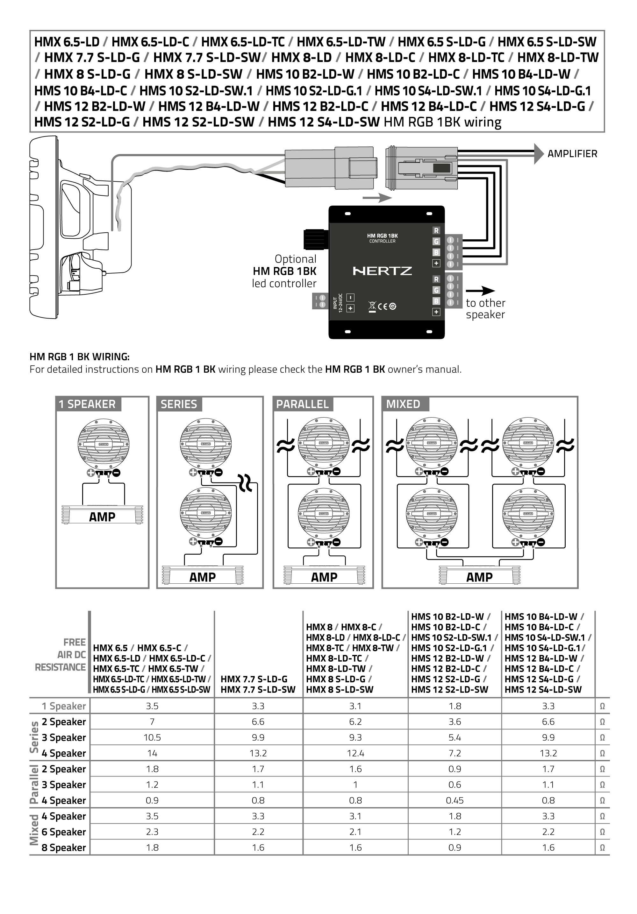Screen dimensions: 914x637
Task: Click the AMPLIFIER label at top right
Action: [572, 154]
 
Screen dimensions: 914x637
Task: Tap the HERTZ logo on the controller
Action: [382, 271]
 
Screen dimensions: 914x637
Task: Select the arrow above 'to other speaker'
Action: [480, 291]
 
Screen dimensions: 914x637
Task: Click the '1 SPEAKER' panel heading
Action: [87, 404]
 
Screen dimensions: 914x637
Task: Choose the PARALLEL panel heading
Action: [302, 404]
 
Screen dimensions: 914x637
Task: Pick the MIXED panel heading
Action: [403, 404]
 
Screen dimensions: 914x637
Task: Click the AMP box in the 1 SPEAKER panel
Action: [102, 517]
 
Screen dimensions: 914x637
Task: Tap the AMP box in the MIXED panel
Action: [479, 577]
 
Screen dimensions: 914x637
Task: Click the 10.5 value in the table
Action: [152, 737]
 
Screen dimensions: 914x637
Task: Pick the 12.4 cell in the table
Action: [355, 753]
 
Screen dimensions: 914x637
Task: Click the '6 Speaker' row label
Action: [64, 832]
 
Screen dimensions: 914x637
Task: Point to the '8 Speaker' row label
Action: [64, 847]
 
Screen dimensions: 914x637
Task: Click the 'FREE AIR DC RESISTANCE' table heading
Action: [61, 655]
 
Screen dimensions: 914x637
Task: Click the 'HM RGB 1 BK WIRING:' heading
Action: [80, 357]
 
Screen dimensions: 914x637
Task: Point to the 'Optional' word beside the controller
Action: [295, 259]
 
